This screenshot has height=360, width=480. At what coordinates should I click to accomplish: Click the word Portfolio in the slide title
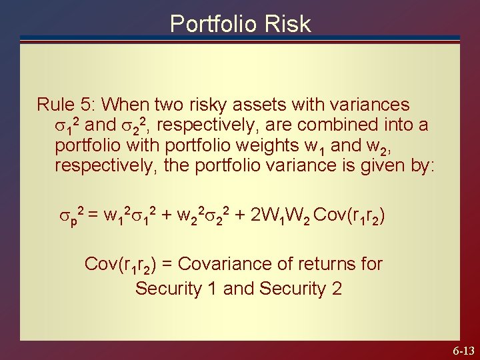pyautogui.click(x=213, y=24)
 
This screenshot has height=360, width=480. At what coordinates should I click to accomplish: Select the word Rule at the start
pyautogui.click(x=54, y=105)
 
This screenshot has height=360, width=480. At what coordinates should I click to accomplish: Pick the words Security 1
pyautogui.click(x=176, y=289)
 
